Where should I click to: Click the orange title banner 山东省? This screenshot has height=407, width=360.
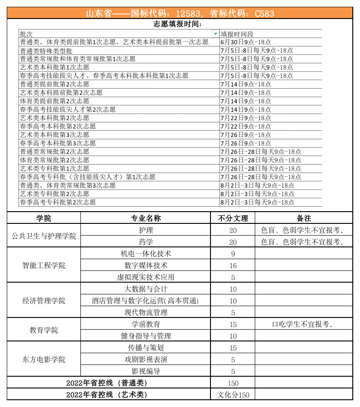click(x=180, y=13)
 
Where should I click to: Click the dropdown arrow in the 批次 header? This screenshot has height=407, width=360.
click(x=215, y=34)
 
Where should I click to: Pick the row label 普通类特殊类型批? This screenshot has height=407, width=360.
click(x=46, y=51)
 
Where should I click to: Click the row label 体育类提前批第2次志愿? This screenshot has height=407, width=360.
click(x=55, y=101)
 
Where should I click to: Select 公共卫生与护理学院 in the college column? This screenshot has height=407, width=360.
click(x=44, y=236)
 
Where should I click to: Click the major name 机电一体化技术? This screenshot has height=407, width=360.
click(x=145, y=254)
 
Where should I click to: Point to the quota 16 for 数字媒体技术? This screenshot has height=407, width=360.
click(x=233, y=265)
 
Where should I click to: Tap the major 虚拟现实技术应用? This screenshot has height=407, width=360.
click(x=145, y=277)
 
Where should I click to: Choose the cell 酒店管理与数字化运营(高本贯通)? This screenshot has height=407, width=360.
click(x=145, y=301)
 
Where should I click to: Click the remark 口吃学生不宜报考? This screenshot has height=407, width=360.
click(x=303, y=324)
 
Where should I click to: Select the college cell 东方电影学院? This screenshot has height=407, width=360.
click(x=44, y=360)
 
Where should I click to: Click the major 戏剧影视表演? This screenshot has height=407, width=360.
click(x=145, y=360)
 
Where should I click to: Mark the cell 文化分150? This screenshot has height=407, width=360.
click(x=233, y=395)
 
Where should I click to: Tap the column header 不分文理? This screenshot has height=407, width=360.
click(x=233, y=218)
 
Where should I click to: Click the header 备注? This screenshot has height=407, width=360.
click(x=304, y=218)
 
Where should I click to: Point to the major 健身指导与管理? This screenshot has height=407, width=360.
click(x=145, y=336)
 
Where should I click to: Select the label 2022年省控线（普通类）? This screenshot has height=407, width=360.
click(x=107, y=383)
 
